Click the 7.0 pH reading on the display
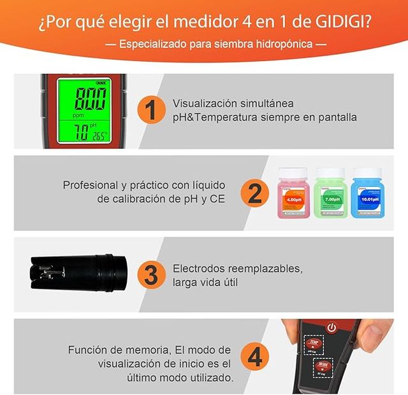[x=79, y=132]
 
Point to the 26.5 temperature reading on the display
[x=99, y=135]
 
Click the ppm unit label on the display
[x=78, y=116]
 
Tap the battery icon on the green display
[x=101, y=82]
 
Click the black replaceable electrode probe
[x=73, y=273]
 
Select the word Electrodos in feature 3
[x=199, y=268]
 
